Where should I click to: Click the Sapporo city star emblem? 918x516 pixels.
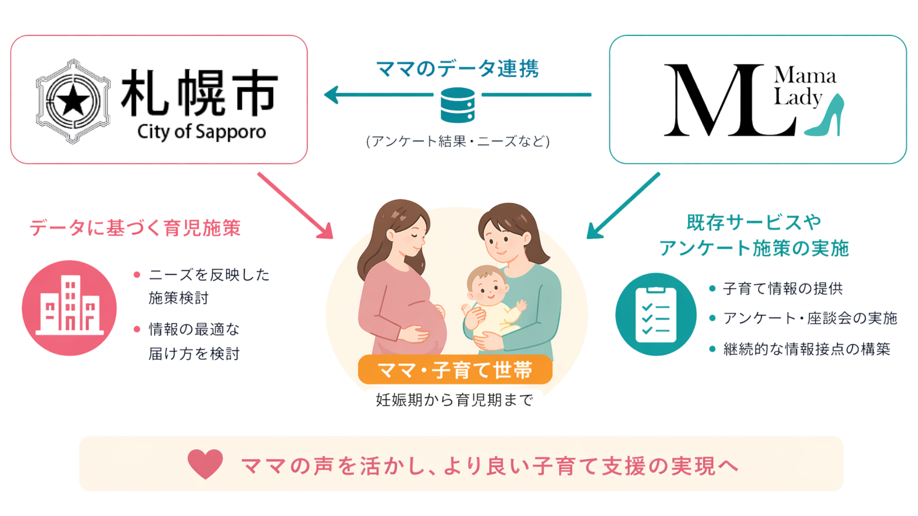click(73, 101)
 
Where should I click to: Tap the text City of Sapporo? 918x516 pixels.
click(201, 132)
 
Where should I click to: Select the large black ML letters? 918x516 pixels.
click(722, 100)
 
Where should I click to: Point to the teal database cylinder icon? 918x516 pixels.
click(458, 105)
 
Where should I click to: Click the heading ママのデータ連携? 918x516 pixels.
click(458, 69)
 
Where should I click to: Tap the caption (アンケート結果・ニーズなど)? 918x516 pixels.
click(458, 141)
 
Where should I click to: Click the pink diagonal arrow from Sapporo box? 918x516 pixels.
click(295, 205)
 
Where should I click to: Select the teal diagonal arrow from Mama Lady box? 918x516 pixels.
click(623, 205)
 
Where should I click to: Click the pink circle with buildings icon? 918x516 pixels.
click(69, 308)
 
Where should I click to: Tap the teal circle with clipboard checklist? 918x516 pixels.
click(656, 314)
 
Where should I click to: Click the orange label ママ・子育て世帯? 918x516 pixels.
click(455, 370)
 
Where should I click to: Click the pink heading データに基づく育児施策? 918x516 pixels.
click(135, 228)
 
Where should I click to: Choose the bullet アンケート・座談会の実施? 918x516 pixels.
click(810, 318)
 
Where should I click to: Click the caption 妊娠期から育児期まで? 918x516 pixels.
click(454, 400)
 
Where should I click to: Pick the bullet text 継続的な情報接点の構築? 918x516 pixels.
click(807, 349)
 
